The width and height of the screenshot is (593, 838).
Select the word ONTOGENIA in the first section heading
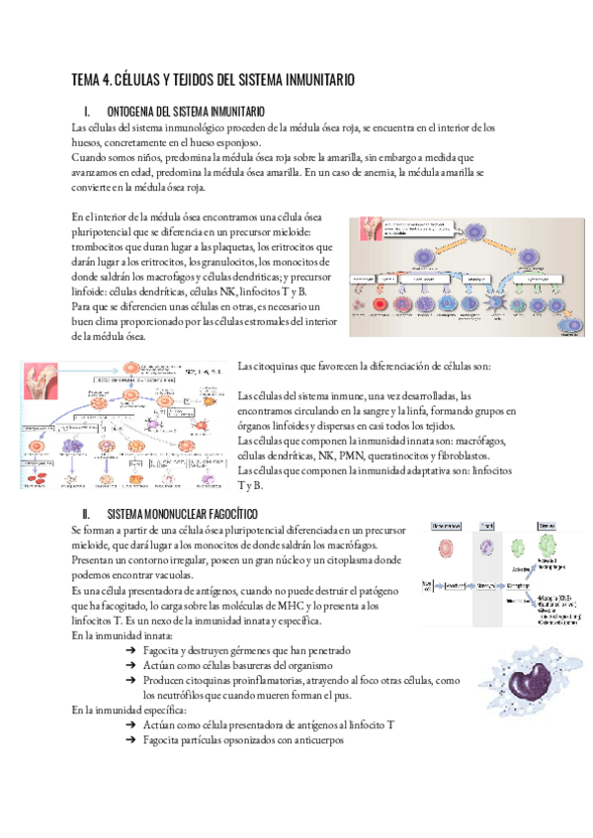click(x=137, y=111)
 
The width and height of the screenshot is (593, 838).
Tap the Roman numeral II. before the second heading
click(x=87, y=514)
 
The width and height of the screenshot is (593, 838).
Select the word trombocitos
click(x=100, y=246)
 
